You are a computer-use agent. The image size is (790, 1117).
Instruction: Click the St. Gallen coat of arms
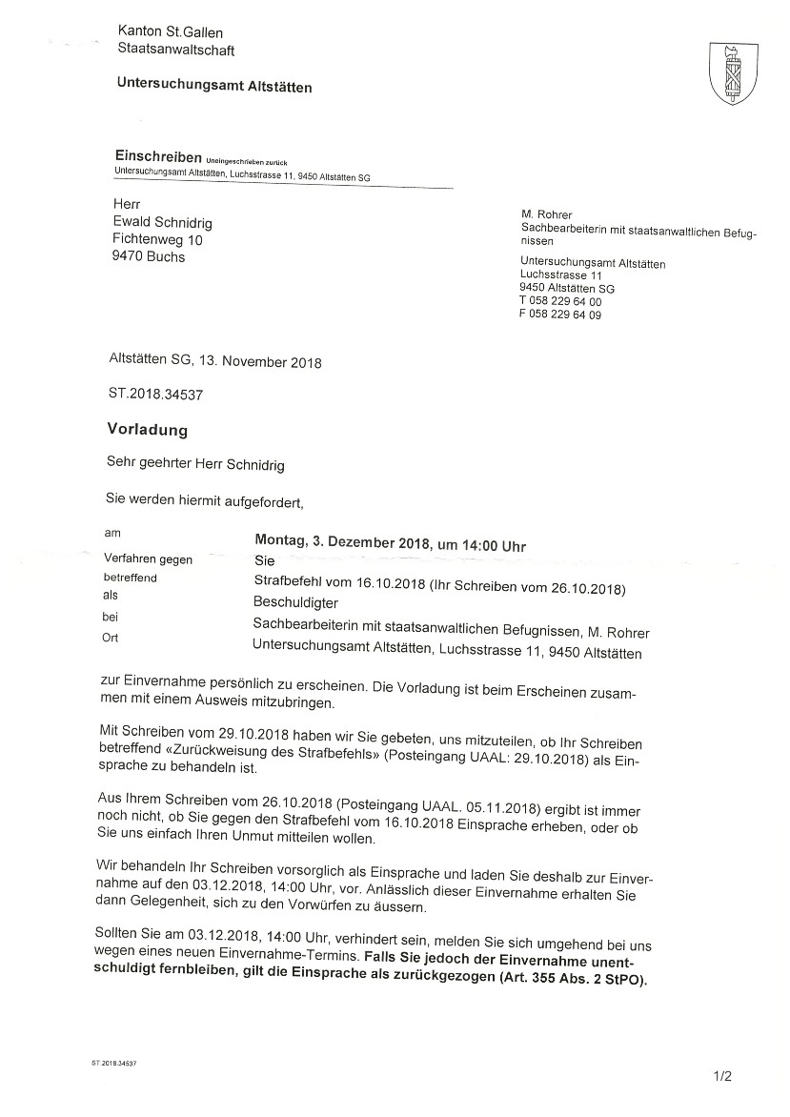pyautogui.click(x=732, y=74)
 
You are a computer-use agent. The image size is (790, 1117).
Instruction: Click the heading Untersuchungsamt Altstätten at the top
pyautogui.click(x=213, y=86)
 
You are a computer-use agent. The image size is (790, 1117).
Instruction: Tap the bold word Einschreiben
pyautogui.click(x=157, y=155)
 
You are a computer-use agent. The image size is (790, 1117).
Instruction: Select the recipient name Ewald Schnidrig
pyautogui.click(x=162, y=222)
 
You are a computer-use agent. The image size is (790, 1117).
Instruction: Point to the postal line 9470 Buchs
pyautogui.click(x=149, y=256)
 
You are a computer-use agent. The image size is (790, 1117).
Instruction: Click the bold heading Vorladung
pyautogui.click(x=147, y=430)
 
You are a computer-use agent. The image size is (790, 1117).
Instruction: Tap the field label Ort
pyautogui.click(x=111, y=638)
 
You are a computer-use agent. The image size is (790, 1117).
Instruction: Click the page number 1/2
pyautogui.click(x=721, y=1077)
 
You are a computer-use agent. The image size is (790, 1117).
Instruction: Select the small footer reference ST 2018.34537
pyautogui.click(x=113, y=1061)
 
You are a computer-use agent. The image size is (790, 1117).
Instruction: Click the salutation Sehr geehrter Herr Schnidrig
pyautogui.click(x=196, y=465)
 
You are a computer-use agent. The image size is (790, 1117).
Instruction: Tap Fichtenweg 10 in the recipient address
pyautogui.click(x=157, y=239)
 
